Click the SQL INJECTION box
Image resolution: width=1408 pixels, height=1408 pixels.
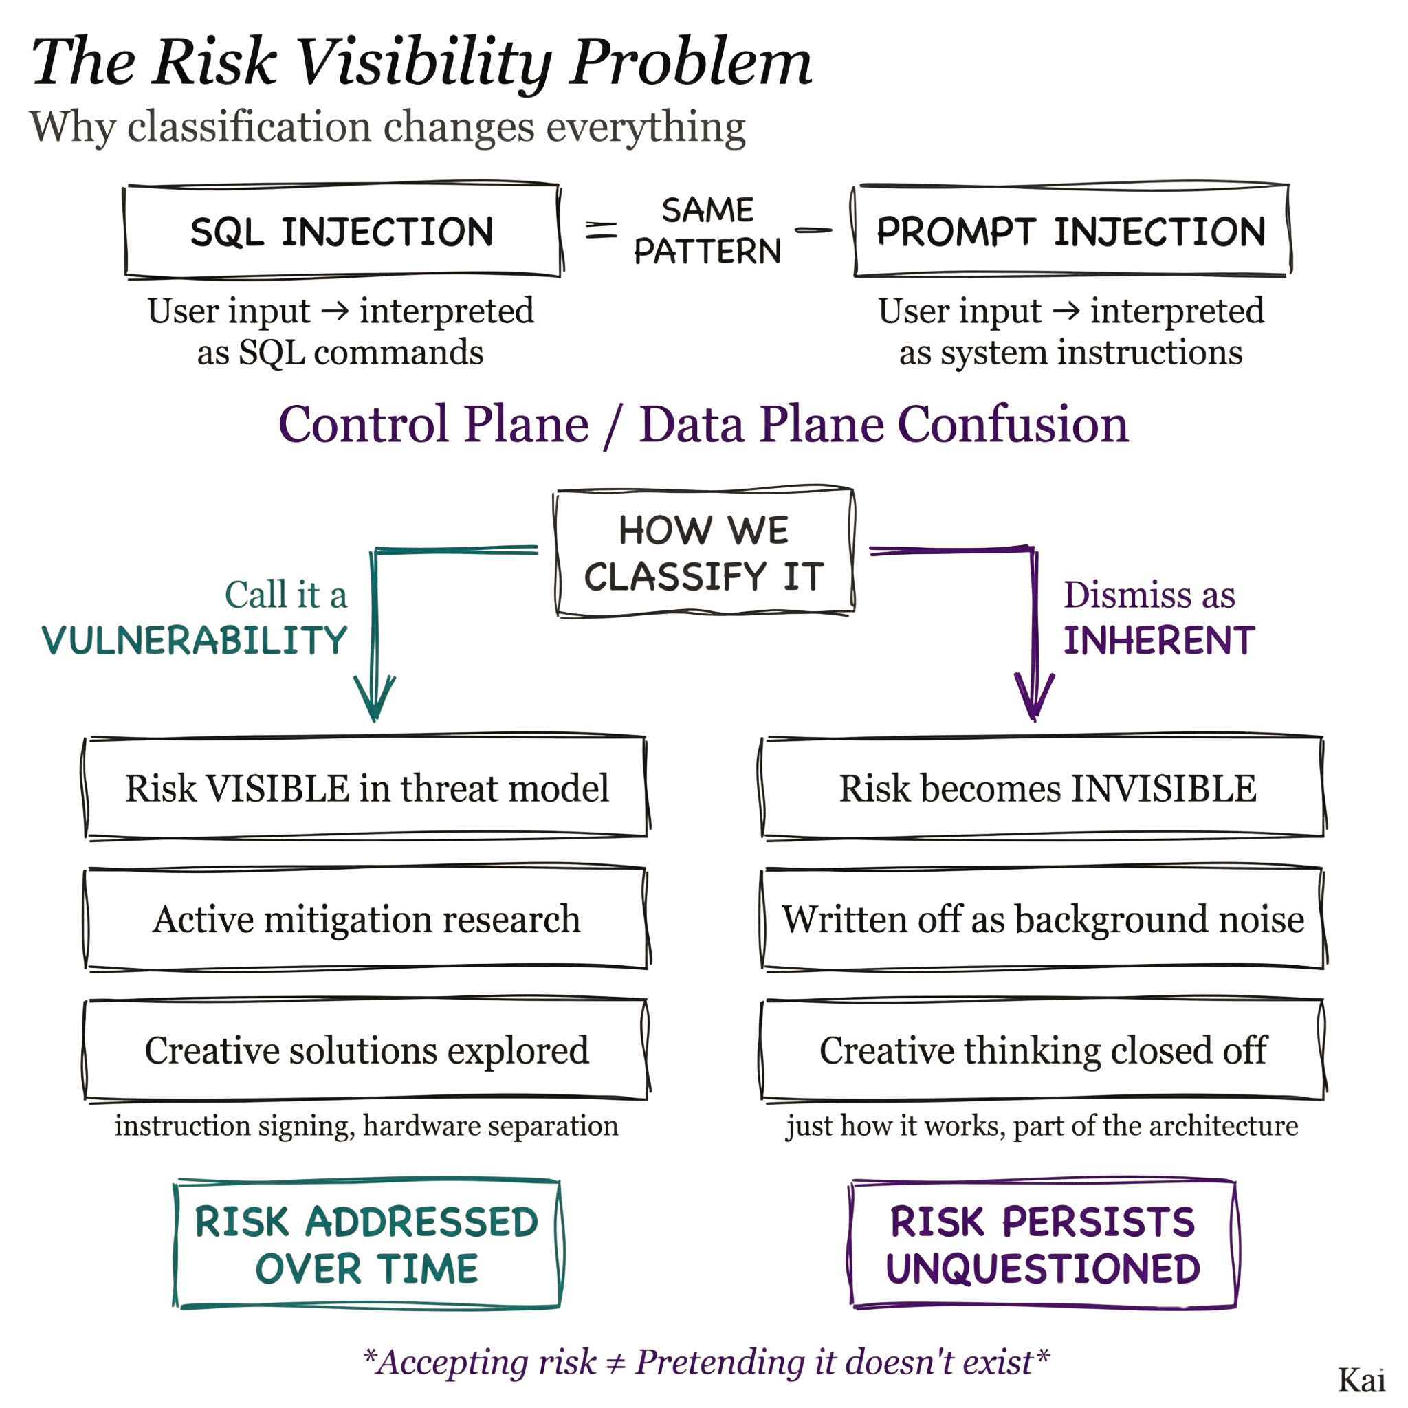342,231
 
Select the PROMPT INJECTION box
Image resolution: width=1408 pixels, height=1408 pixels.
1071,231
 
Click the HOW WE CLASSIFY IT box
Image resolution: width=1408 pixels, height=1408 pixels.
704,553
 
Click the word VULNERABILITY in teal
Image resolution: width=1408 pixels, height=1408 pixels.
195,641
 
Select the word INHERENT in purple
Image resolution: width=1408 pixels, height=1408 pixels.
1158,641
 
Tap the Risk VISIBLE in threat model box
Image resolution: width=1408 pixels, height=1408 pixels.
366,788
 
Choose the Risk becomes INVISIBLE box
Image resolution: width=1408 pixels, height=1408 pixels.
1044,788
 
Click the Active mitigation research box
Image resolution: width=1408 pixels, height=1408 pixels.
366,919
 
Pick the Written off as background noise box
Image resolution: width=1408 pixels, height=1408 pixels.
1044,919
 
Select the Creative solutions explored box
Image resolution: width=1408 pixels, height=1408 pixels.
366,1050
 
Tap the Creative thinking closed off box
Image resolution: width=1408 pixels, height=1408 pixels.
1044,1050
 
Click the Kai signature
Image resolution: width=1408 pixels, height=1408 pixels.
1361,1380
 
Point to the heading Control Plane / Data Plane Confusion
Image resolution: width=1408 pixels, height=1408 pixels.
703,424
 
